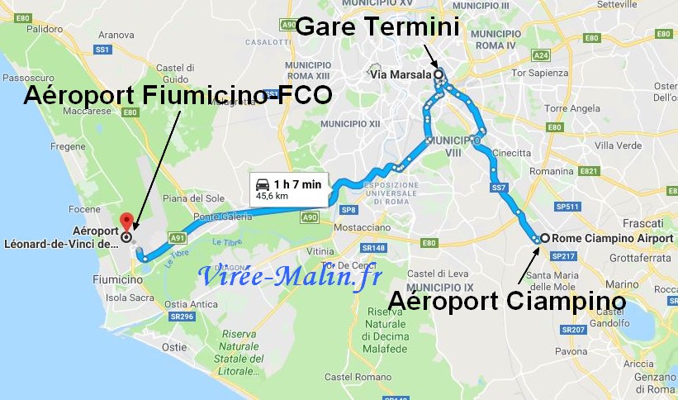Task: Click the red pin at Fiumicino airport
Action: pyautogui.click(x=126, y=222)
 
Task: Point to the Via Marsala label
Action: pyautogui.click(x=401, y=74)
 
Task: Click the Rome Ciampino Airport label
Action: pyautogui.click(x=607, y=238)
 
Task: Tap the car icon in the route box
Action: pyautogui.click(x=262, y=183)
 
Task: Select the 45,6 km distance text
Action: pyautogui.click(x=273, y=197)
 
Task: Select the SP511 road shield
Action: pyautogui.click(x=568, y=206)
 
